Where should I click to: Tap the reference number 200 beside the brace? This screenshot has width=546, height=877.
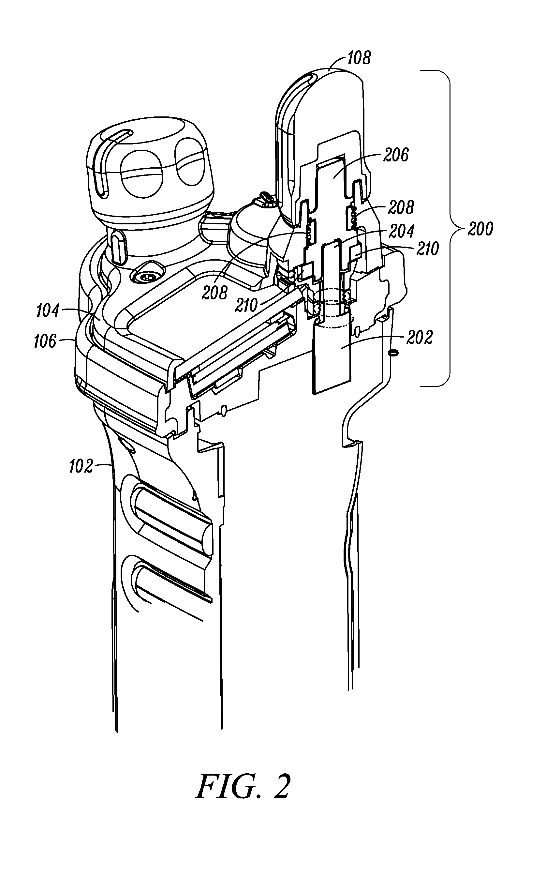click(x=480, y=229)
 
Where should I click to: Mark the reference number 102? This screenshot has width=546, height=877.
click(x=81, y=466)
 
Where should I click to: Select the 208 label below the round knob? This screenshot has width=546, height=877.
click(x=214, y=293)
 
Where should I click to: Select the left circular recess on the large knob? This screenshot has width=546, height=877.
click(x=141, y=174)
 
